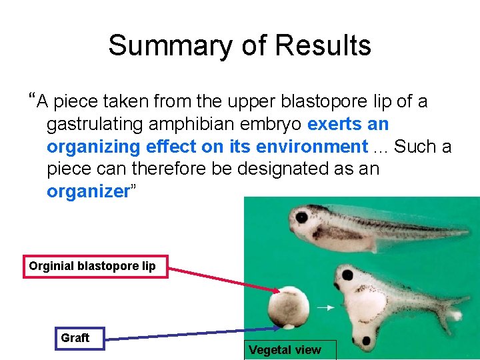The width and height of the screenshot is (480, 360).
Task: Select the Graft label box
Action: click(75, 338)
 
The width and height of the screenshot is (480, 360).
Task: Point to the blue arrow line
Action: click(187, 334)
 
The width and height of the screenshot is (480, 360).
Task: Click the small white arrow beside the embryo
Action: click(325, 308)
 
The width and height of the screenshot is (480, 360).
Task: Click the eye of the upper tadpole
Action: click(302, 217)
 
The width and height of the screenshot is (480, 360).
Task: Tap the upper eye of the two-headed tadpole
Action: click(347, 274)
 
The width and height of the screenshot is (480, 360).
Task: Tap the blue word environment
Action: click(319, 147)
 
